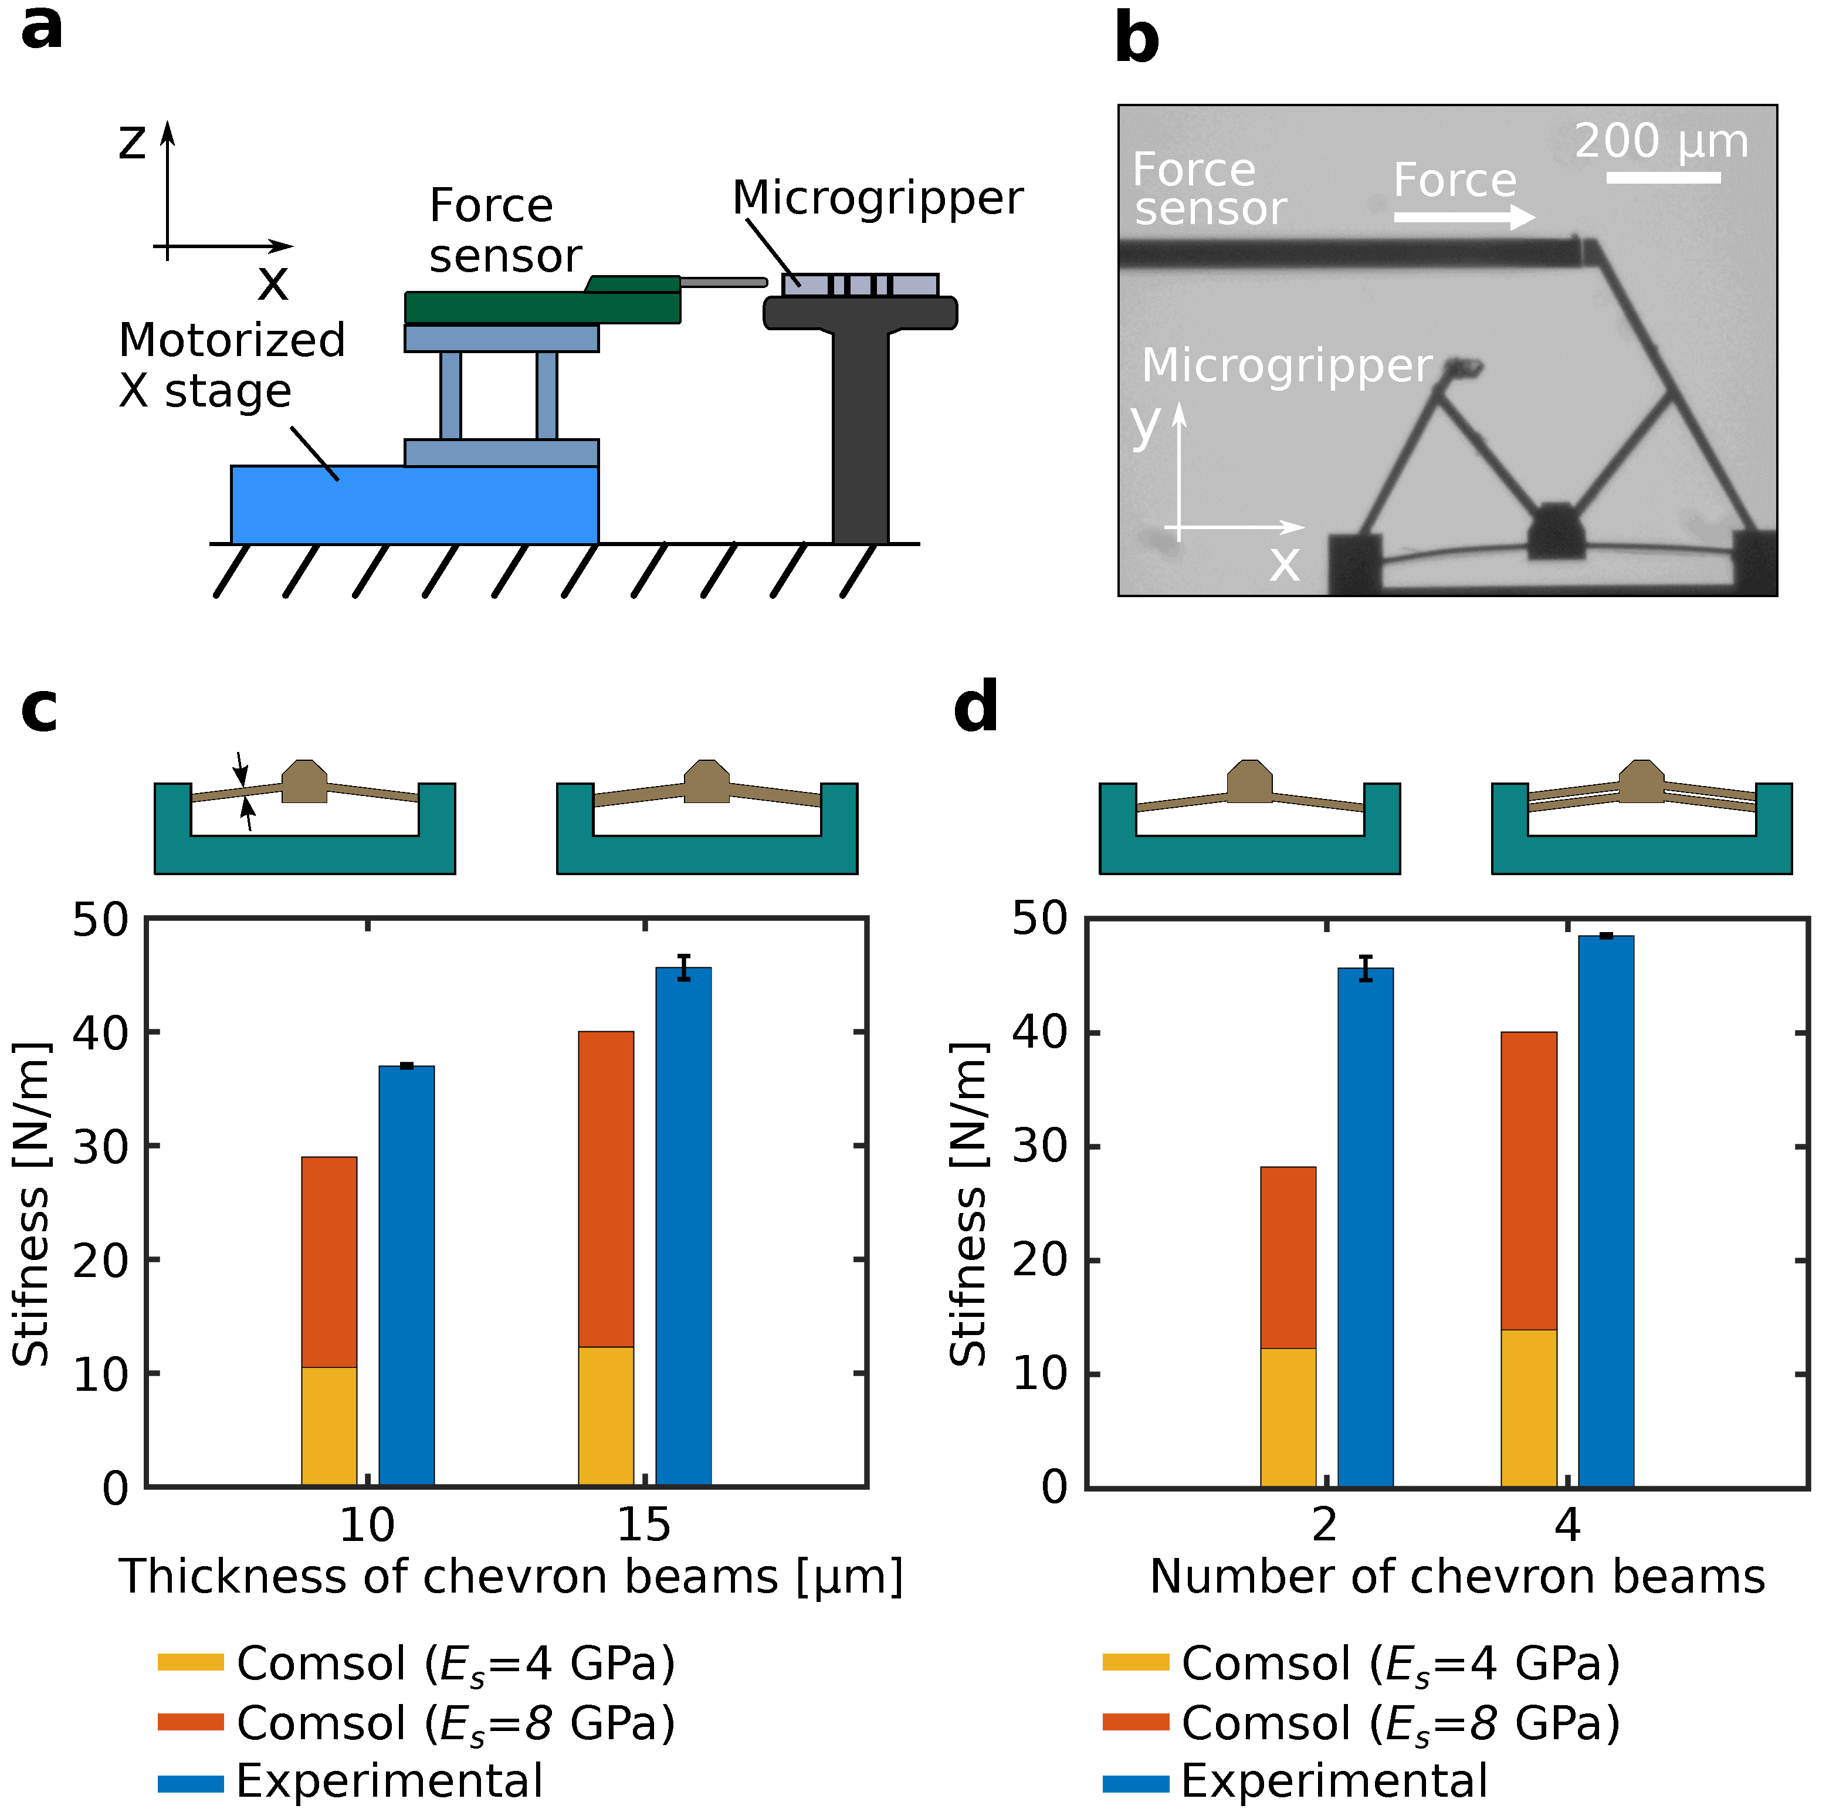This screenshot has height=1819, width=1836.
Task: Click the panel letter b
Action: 1137,40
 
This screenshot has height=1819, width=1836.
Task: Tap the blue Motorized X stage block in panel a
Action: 414,504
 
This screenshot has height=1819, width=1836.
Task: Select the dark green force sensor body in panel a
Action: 541,307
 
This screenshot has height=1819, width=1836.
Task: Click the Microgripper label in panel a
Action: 877,198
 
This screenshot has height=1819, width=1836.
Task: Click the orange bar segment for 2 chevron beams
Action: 1289,1257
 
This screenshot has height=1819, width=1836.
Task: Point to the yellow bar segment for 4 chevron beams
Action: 1529,1407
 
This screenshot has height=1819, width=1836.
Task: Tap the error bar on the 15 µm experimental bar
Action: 684,967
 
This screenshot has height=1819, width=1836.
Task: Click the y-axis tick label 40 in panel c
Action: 99,1032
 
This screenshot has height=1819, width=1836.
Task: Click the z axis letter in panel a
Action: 132,143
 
